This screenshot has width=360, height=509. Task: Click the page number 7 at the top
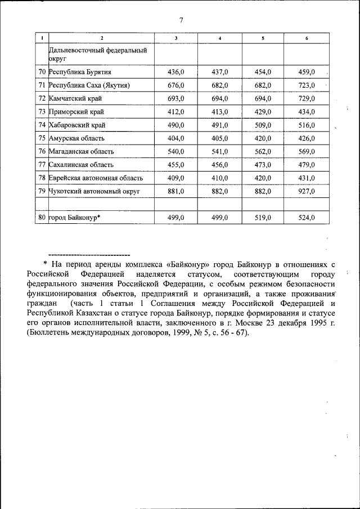coord(181,21)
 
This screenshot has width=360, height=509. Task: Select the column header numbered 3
coord(176,38)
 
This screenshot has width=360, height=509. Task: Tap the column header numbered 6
coord(307,38)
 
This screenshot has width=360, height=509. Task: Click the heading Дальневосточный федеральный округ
coord(98,54)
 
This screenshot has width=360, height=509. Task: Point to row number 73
coord(42,112)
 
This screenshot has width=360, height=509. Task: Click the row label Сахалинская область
coord(81,165)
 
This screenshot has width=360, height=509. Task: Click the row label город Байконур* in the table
coord(74,218)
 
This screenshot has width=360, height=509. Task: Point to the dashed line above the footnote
coord(89,254)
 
